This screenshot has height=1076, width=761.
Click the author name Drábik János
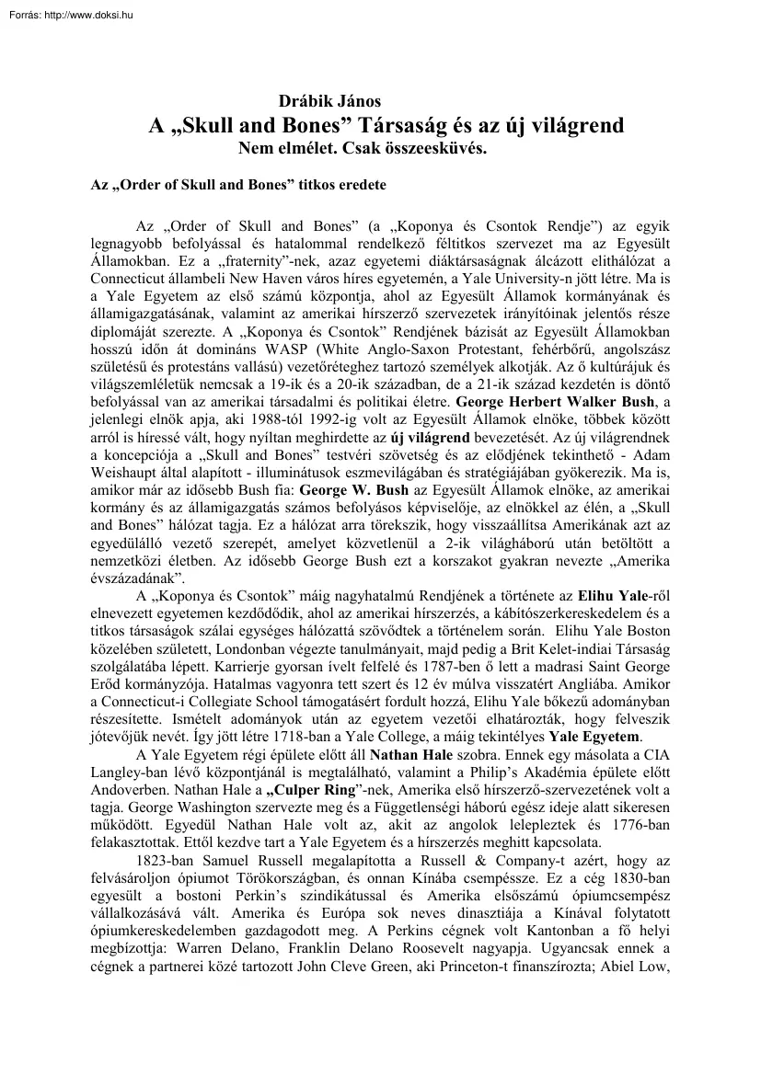coord(329,102)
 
